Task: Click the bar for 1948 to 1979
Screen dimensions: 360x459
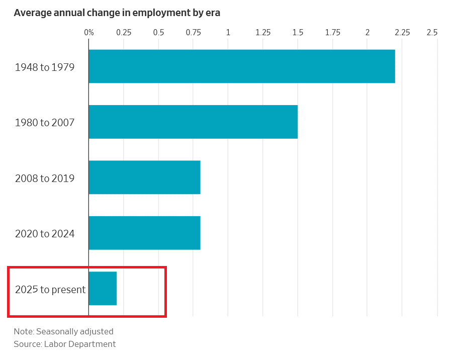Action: pyautogui.click(x=242, y=66)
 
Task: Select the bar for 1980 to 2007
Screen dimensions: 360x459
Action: pyautogui.click(x=193, y=122)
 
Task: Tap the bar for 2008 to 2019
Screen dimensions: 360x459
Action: pyautogui.click(x=145, y=177)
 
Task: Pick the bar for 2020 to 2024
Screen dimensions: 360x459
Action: pyautogui.click(x=145, y=233)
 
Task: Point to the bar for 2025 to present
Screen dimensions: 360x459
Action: pyautogui.click(x=103, y=289)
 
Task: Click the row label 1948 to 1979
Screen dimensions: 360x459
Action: pyautogui.click(x=45, y=67)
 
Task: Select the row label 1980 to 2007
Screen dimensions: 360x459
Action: pyautogui.click(x=45, y=122)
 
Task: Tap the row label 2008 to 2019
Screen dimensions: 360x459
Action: pyautogui.click(x=45, y=178)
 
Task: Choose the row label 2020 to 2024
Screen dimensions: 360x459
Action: pyautogui.click(x=45, y=233)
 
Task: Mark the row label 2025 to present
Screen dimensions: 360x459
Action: pyautogui.click(x=50, y=290)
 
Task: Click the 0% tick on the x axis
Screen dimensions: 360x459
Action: pyautogui.click(x=89, y=33)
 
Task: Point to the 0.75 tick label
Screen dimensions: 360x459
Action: pyautogui.click(x=194, y=33)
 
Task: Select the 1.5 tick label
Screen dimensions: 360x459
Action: pyautogui.click(x=298, y=33)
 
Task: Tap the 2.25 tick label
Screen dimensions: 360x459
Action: pyautogui.click(x=402, y=33)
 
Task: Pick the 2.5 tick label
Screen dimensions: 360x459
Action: pyautogui.click(x=432, y=33)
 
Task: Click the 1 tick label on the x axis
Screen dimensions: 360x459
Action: pyautogui.click(x=228, y=33)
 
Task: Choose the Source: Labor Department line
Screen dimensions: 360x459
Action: pyautogui.click(x=65, y=344)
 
